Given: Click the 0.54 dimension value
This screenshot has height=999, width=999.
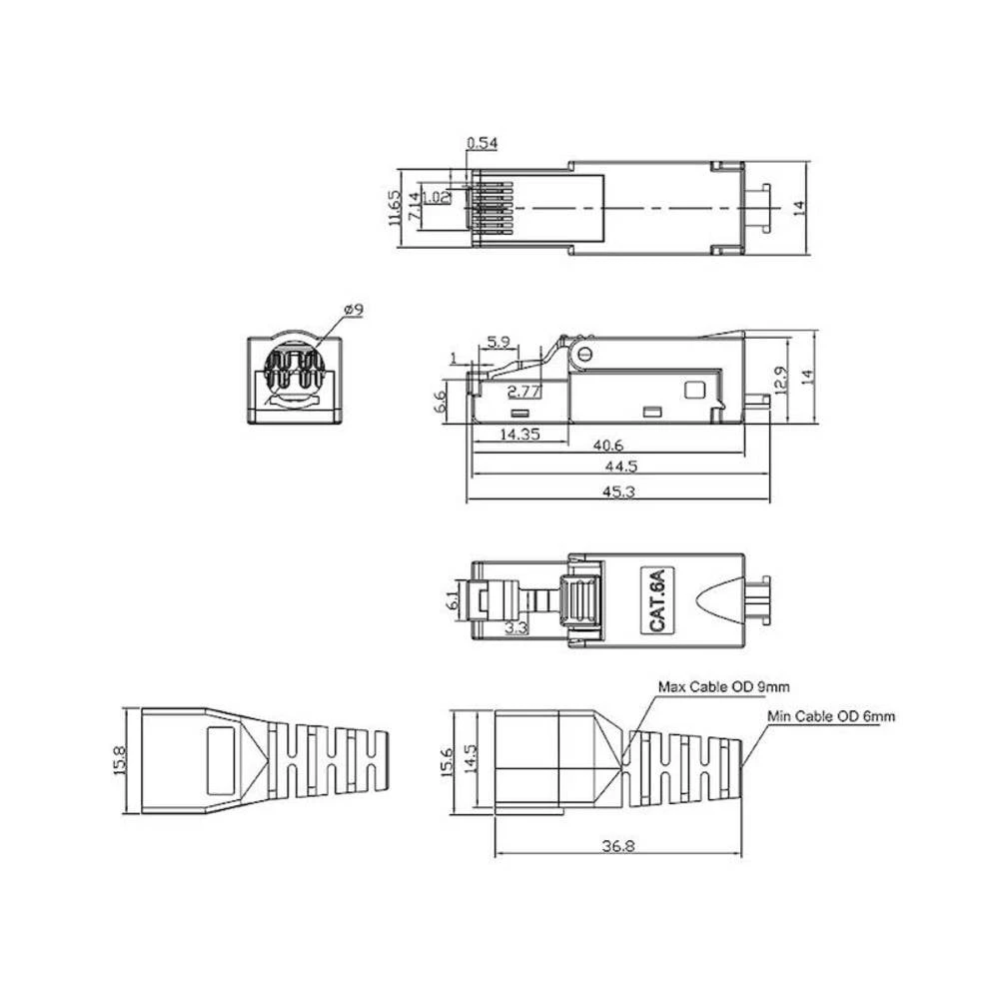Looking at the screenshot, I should click(482, 143).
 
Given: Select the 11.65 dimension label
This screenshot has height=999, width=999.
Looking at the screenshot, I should click(396, 208).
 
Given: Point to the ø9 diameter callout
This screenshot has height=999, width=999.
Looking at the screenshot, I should click(353, 311).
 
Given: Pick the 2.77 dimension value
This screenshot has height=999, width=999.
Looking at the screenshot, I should click(524, 390).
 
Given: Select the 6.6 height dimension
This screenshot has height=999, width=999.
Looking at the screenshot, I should click(440, 402).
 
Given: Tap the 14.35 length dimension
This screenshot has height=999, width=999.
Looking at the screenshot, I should click(519, 435).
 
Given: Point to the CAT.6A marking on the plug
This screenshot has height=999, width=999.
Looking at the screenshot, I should click(656, 599).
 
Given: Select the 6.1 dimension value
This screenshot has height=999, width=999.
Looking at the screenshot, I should click(454, 601).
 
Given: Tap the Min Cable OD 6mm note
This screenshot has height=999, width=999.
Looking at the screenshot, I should click(831, 716).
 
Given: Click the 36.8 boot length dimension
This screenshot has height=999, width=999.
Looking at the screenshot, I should click(619, 845).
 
